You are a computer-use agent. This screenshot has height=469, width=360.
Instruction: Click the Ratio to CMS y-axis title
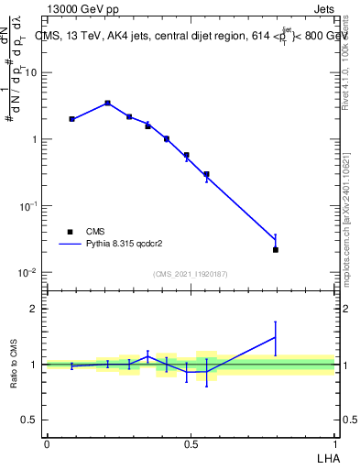tap(15, 365)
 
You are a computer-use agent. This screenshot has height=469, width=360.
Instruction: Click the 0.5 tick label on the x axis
tap(191, 442)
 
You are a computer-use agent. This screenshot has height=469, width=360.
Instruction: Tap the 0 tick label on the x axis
tap(47, 442)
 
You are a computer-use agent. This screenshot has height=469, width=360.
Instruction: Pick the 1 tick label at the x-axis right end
tap(335, 442)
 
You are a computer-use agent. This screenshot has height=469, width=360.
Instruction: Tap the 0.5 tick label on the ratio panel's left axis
tap(32, 420)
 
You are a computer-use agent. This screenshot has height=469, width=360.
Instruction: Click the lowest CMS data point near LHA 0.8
tap(276, 249)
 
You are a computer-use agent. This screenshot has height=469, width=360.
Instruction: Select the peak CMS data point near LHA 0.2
tap(108, 104)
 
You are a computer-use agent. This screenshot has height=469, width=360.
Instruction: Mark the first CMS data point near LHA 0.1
tap(71, 119)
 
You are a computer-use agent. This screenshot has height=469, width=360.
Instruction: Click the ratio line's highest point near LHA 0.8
tap(276, 337)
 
